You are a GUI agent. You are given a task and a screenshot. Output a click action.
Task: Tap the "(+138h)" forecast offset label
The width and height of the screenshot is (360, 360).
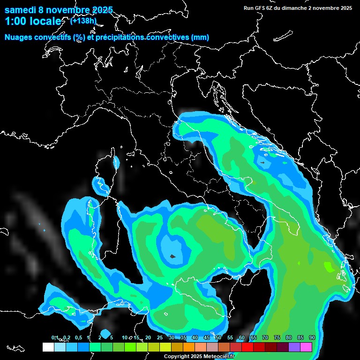pyautogui.click(x=83, y=21)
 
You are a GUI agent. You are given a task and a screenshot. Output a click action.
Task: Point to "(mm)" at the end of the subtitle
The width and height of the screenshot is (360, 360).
pyautogui.click(x=200, y=37)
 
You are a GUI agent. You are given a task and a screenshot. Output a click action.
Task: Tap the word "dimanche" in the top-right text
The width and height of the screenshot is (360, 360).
pyautogui.click(x=296, y=8)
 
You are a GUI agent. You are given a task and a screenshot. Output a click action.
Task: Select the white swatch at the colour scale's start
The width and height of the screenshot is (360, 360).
pyautogui.click(x=48, y=347)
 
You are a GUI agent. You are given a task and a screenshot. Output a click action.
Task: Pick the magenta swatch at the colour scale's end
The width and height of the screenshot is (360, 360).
pyautogui.click(x=306, y=347)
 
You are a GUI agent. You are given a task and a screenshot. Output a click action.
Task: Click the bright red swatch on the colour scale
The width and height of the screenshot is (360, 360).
pyautogui.click(x=247, y=347)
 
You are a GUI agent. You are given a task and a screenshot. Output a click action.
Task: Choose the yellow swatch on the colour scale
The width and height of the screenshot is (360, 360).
pyautogui.click(x=165, y=347)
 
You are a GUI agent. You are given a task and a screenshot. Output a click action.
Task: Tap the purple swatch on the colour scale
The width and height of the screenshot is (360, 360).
pyautogui.click(x=294, y=347)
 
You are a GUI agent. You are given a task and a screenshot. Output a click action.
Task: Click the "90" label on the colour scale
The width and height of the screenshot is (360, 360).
pyautogui.click(x=312, y=337)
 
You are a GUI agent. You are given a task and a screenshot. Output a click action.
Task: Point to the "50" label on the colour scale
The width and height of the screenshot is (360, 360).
pyautogui.click(x=218, y=337)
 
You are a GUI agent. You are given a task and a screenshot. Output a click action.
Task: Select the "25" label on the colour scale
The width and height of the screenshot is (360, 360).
pyautogui.click(x=159, y=337)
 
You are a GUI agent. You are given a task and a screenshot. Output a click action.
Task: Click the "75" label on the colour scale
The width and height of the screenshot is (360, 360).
pyautogui.click(x=277, y=337)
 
